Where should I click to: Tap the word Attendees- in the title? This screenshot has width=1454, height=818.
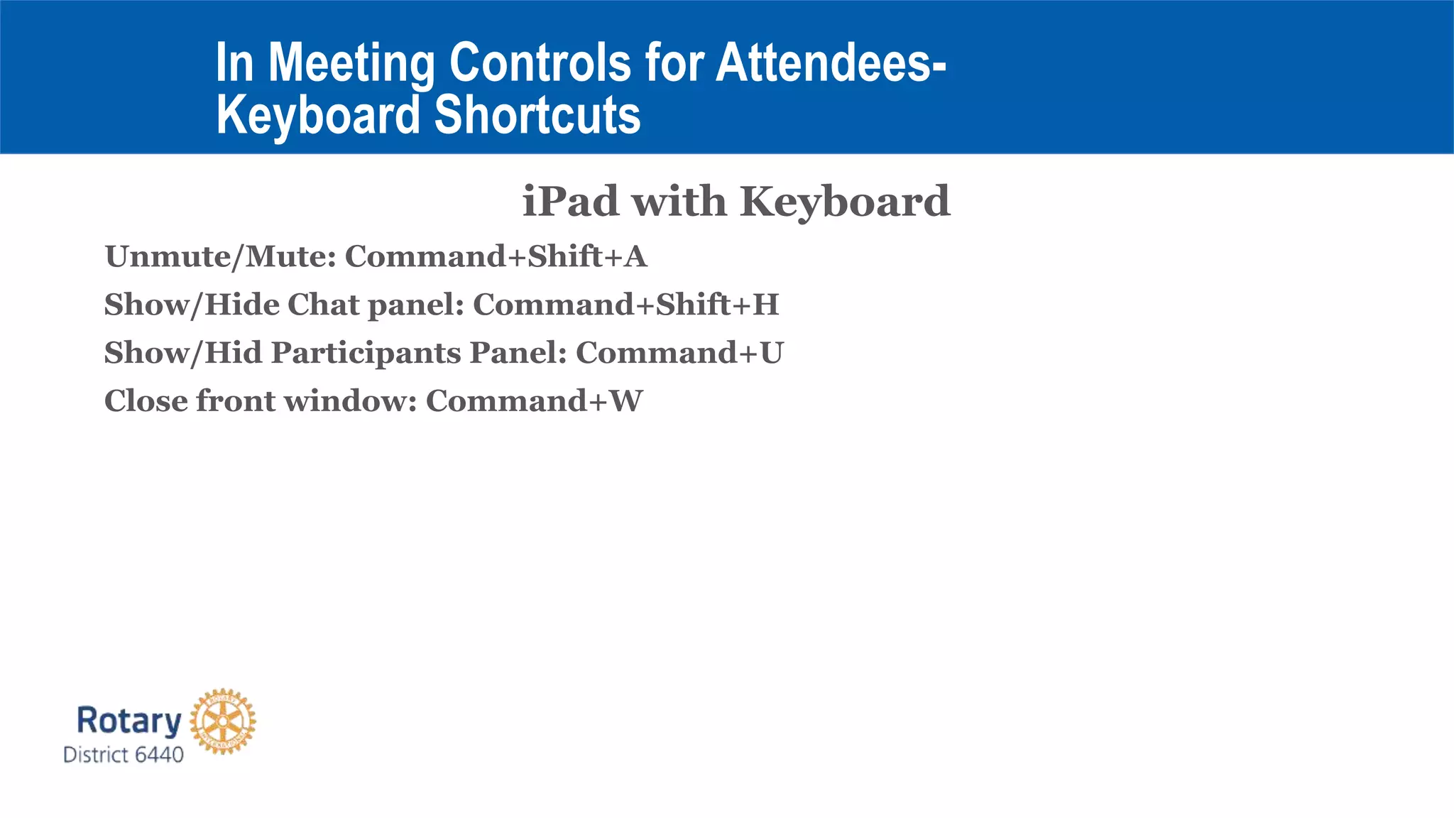[x=831, y=62]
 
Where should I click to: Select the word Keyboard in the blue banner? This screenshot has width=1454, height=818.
[x=318, y=115]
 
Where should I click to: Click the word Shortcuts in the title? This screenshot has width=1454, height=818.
[x=537, y=115]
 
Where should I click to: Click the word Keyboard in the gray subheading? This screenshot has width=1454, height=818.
[x=844, y=202]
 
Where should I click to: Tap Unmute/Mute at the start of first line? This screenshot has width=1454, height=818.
[x=220, y=256]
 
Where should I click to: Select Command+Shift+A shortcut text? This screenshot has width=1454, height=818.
[x=496, y=256]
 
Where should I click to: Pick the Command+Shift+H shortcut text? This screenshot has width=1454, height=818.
[x=625, y=305]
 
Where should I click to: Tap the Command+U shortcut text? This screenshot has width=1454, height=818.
[x=679, y=353]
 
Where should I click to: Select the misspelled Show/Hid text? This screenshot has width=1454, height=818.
[x=182, y=353]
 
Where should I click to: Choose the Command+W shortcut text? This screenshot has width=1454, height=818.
[x=534, y=401]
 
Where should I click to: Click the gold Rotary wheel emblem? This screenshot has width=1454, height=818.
[x=223, y=721]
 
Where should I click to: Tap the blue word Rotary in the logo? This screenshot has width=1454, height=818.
[x=129, y=720]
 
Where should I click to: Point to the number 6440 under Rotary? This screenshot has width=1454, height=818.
[x=159, y=755]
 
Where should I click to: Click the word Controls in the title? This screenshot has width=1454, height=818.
[x=540, y=62]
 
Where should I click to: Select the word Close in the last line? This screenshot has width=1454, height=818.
[x=146, y=401]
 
